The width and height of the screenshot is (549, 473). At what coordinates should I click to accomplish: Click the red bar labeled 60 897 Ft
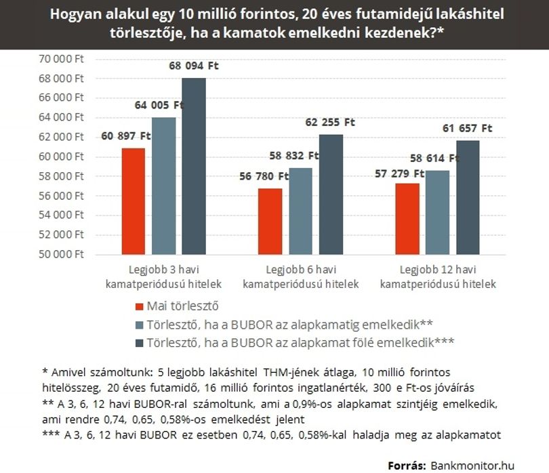pos(134,201)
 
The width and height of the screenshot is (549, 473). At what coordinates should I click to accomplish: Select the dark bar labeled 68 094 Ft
pos(194,166)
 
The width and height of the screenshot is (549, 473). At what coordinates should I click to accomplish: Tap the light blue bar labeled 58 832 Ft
pos(301,211)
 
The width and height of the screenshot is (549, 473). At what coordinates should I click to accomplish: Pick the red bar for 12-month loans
pos(407,219)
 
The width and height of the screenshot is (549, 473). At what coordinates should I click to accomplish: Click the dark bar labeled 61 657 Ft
pos(468,197)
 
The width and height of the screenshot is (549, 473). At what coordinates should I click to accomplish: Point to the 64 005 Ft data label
pos(159,105)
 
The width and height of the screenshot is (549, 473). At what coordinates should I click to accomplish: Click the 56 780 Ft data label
pos(264,176)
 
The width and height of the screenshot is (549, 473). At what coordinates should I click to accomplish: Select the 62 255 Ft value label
pos(330,122)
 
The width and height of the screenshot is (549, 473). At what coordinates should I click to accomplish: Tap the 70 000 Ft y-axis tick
pos(61,59)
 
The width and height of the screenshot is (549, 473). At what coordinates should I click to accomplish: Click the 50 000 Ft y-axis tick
pos(61,254)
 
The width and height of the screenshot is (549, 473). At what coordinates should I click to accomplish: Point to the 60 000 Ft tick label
pos(61,157)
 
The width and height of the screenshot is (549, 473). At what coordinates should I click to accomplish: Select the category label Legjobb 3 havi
pos(164,270)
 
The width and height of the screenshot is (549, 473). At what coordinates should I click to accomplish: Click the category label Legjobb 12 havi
pos(438,270)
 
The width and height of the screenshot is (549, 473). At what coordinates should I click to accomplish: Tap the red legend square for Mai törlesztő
pos(140,307)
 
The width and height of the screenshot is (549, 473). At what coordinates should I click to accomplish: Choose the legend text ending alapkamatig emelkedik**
pos(289,325)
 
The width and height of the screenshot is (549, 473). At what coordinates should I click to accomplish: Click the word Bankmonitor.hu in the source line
pos(472,466)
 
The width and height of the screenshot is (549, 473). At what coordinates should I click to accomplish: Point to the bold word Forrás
pos(407,466)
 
